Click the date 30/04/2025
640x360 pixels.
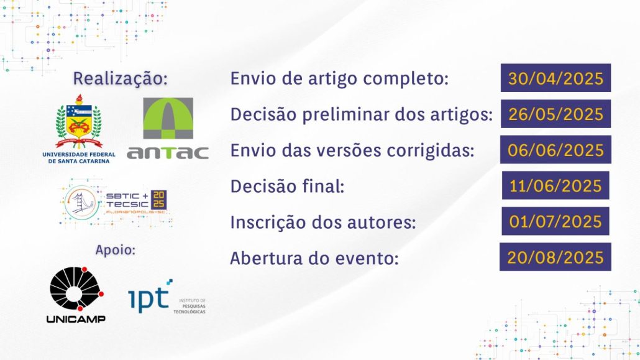(555, 78)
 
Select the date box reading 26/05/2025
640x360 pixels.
(555, 114)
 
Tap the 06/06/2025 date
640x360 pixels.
(555, 150)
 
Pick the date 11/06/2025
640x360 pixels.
(555, 185)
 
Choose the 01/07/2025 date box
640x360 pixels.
(555, 221)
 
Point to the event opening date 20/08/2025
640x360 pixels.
(555, 257)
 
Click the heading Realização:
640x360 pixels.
(120, 78)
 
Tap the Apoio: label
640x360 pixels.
(115, 249)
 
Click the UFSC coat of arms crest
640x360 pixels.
(79, 122)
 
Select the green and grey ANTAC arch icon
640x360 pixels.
(168, 118)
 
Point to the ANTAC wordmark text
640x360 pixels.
(168, 153)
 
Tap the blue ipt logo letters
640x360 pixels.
(149, 297)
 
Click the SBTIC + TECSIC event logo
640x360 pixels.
(116, 202)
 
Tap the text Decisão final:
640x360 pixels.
(287, 187)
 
